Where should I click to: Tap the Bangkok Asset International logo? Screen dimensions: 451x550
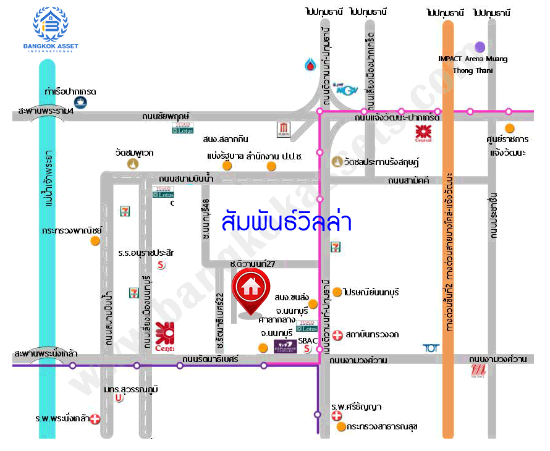51,29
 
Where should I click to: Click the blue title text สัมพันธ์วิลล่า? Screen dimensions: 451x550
286,221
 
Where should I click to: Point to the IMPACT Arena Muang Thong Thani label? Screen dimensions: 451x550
473,64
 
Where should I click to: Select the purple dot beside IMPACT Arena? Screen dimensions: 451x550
480,46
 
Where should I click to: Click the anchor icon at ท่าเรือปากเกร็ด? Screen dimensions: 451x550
80,103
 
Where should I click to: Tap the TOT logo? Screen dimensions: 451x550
431,348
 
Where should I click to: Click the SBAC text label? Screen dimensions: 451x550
307,340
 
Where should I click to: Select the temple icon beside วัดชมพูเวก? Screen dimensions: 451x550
132,164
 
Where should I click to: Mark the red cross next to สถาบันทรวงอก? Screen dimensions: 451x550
337,335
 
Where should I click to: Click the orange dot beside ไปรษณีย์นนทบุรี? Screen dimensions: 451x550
337,292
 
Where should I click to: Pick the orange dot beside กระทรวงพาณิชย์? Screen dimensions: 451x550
95,241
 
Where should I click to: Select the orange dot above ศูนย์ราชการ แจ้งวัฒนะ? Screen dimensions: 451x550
509,128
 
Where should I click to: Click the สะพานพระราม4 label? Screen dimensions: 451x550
46,111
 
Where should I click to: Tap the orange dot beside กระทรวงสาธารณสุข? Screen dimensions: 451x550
341,426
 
